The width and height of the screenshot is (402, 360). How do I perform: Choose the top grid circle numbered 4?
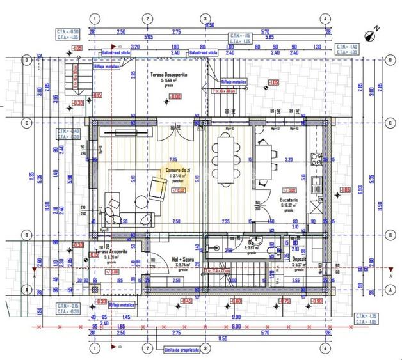point(325,19)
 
